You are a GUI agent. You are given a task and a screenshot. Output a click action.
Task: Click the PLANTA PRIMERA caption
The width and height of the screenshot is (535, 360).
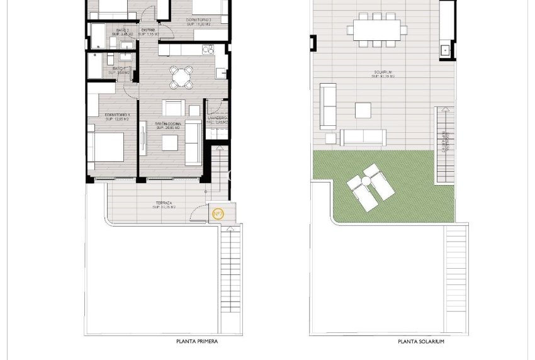[197, 342]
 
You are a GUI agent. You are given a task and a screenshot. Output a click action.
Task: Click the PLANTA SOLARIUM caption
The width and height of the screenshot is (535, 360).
[421, 342]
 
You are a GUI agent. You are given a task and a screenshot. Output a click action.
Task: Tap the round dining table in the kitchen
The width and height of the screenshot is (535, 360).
[181, 77]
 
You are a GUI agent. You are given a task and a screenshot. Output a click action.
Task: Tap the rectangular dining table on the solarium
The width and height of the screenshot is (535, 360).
[376, 29]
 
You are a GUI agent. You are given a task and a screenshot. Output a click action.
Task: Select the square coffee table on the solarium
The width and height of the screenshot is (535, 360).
[363, 110]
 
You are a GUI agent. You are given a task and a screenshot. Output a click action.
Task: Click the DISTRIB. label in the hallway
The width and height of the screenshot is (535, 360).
[149, 31]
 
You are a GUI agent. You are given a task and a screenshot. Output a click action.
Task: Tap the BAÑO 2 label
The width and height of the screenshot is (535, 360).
[120, 31]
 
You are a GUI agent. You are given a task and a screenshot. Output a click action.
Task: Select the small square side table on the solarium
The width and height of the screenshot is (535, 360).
[330, 137]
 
